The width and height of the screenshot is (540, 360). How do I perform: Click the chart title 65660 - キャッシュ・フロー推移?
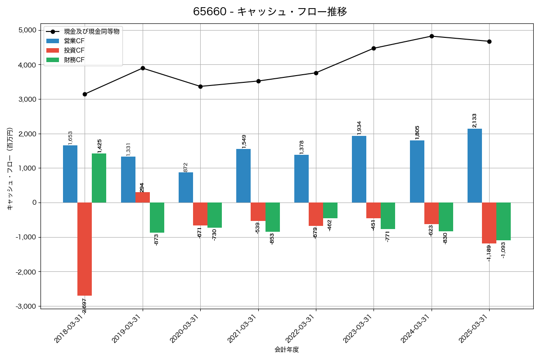point(270,12)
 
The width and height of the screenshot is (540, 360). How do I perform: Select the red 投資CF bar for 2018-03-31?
point(85,249)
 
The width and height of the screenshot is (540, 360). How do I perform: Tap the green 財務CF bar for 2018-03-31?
point(99,178)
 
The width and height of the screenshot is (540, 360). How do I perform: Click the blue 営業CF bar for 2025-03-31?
point(475,166)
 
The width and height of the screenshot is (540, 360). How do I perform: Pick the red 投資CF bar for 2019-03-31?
point(143,198)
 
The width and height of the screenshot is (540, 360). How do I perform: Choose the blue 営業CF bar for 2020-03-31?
point(186,188)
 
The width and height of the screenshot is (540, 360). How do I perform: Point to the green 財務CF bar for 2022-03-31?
point(330,211)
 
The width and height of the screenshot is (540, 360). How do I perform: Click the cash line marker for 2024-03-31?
point(432,36)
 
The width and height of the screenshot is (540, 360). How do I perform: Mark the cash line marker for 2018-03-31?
point(85,94)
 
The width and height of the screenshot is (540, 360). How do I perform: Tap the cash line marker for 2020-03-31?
point(200,86)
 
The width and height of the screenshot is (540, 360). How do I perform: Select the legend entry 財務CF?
point(74,60)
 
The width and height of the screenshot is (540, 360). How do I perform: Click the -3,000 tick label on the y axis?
point(26,306)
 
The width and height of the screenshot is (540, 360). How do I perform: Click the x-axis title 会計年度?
point(287,350)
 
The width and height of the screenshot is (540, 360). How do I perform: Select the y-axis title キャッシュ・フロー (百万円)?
point(9,169)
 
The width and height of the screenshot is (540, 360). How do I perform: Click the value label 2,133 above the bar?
point(475,120)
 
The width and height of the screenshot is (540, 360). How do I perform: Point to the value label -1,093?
point(504,250)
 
